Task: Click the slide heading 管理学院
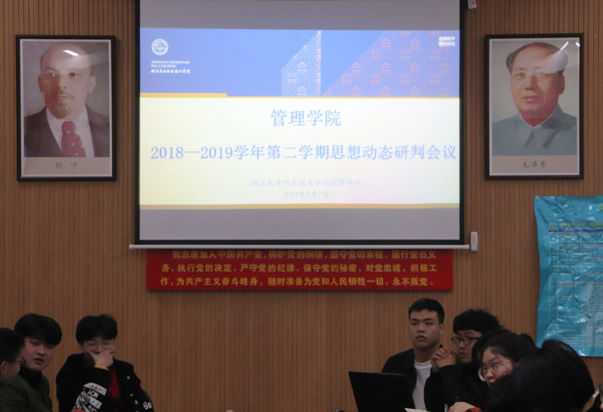coord(305,118)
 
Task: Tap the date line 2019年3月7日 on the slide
coord(305,194)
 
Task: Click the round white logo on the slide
coord(159,47)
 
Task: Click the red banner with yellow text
coord(299,269)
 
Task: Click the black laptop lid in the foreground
coord(380,392)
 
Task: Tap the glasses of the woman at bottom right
coord(491,368)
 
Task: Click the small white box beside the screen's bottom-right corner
coord(473,241)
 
